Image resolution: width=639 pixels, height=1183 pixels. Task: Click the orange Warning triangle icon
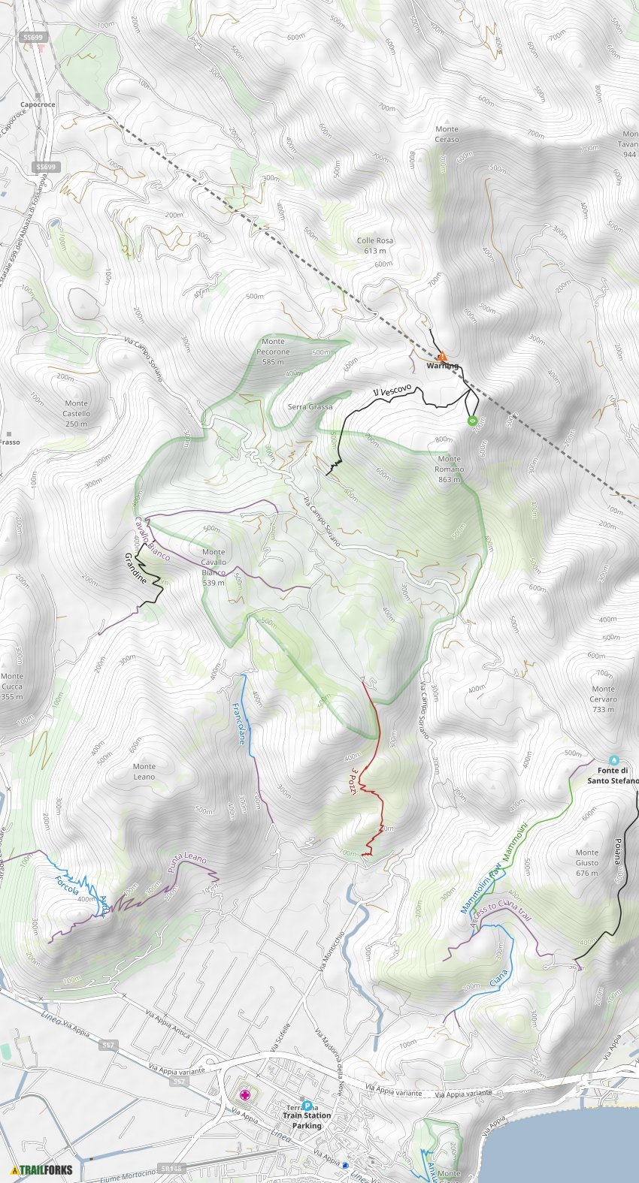(x=442, y=357)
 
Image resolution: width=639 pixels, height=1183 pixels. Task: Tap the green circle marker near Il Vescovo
(x=472, y=421)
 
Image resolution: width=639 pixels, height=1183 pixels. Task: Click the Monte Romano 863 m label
(x=449, y=469)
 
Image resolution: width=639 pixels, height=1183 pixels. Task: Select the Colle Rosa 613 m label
(x=374, y=246)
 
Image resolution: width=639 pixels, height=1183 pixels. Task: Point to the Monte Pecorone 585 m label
(x=273, y=352)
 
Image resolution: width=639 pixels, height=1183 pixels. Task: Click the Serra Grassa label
(x=310, y=407)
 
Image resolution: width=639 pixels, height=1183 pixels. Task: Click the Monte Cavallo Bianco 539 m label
(x=214, y=567)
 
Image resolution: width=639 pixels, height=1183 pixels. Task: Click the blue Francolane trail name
(x=239, y=723)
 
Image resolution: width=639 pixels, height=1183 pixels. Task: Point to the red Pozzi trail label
(x=352, y=781)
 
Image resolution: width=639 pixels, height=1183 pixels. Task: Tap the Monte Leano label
(x=144, y=771)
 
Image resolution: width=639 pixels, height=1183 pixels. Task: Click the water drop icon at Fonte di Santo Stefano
(x=613, y=760)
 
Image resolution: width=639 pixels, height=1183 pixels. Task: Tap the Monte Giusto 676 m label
(x=587, y=862)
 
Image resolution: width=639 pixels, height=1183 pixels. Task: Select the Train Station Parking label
(x=307, y=1120)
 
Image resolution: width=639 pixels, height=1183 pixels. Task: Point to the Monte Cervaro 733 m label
(x=604, y=699)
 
